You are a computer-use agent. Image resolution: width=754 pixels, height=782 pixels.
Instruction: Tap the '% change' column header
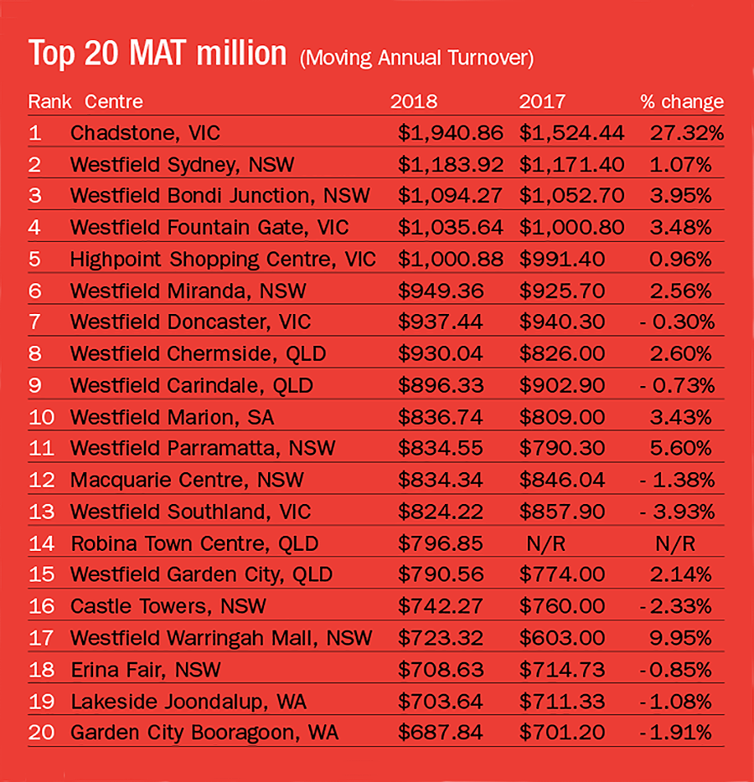click(x=682, y=102)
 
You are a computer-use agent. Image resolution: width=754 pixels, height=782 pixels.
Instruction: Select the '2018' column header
click(x=414, y=102)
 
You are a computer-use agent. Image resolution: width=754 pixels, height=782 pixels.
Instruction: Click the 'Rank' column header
click(x=49, y=102)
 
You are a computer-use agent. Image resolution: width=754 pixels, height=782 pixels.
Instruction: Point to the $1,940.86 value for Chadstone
click(x=450, y=133)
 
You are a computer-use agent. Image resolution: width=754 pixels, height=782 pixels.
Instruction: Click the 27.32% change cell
click(x=685, y=133)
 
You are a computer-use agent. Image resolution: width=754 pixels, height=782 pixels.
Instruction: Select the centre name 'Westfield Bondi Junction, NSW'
click(x=219, y=196)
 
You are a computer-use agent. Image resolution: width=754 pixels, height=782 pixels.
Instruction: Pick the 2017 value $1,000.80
click(x=571, y=228)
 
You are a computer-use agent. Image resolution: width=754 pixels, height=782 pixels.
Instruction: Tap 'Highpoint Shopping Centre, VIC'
click(x=223, y=260)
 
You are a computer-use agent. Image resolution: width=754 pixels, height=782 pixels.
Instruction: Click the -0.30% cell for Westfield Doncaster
click(x=679, y=322)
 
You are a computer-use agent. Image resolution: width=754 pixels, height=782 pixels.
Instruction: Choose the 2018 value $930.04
click(x=441, y=354)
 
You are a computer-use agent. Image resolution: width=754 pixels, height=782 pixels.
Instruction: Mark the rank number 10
click(x=41, y=417)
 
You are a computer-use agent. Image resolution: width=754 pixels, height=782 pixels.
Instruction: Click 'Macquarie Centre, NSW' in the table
click(x=187, y=481)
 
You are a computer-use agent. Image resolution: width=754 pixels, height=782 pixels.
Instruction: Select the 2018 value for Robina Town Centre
click(x=441, y=543)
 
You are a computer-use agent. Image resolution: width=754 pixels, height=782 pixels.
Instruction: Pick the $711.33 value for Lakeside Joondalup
click(x=561, y=701)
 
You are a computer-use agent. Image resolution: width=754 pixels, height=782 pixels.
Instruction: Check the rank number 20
click(x=41, y=733)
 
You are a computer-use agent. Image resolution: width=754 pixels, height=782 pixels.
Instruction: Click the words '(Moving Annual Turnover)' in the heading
click(x=416, y=59)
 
